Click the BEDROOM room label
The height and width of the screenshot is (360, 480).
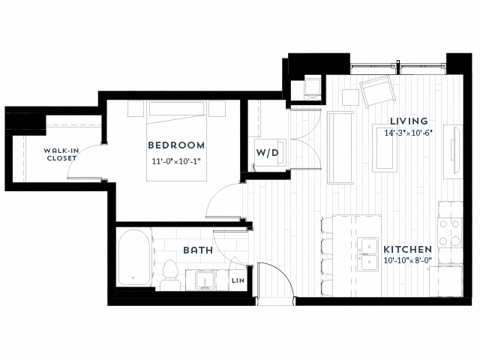pyautogui.click(x=175, y=145)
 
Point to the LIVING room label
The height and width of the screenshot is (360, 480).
pyautogui.click(x=409, y=121)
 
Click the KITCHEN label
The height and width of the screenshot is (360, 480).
pyautogui.click(x=407, y=249)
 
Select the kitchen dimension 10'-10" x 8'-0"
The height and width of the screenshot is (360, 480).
pyautogui.click(x=407, y=261)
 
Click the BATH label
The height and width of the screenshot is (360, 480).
pyautogui.click(x=197, y=250)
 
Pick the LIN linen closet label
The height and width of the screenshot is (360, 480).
pyautogui.click(x=238, y=280)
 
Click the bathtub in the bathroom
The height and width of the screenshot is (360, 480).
pyautogui.click(x=135, y=257)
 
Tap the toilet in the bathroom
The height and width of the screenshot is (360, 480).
pyautogui.click(x=170, y=275)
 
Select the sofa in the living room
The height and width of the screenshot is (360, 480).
pyautogui.click(x=341, y=146)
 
